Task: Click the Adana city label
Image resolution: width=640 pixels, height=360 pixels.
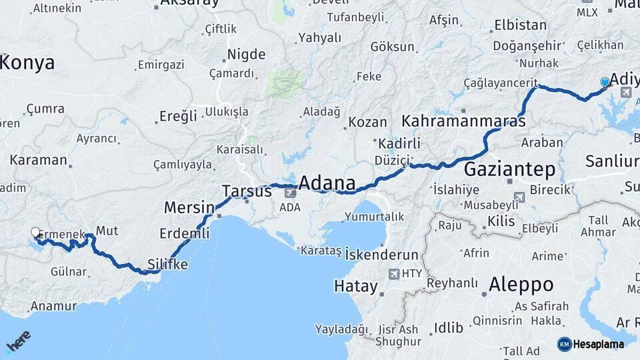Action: point(327,183)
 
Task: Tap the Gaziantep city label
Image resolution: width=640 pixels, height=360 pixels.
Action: point(509,169)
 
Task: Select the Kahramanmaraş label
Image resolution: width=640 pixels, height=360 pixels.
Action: point(463,122)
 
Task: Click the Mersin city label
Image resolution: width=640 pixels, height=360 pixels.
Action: point(189,207)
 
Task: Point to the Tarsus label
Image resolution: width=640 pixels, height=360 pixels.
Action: point(247,191)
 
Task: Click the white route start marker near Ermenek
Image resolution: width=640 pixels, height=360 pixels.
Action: point(35,233)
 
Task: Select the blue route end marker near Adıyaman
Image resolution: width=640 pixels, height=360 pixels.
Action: point(605,82)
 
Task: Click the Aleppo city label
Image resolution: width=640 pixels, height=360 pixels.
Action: point(521,285)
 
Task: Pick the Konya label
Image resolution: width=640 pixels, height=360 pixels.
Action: point(27,63)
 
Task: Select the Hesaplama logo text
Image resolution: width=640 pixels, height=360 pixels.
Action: point(598,345)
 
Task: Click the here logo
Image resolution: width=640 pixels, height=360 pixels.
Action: point(18,342)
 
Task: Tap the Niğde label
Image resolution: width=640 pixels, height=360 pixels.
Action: point(246,55)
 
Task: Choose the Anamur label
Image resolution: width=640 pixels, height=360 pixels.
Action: point(53,307)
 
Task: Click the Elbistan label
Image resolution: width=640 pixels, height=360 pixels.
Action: point(520,26)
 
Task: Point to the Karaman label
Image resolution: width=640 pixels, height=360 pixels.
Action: point(39,160)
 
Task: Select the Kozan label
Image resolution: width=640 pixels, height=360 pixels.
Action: point(367,123)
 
